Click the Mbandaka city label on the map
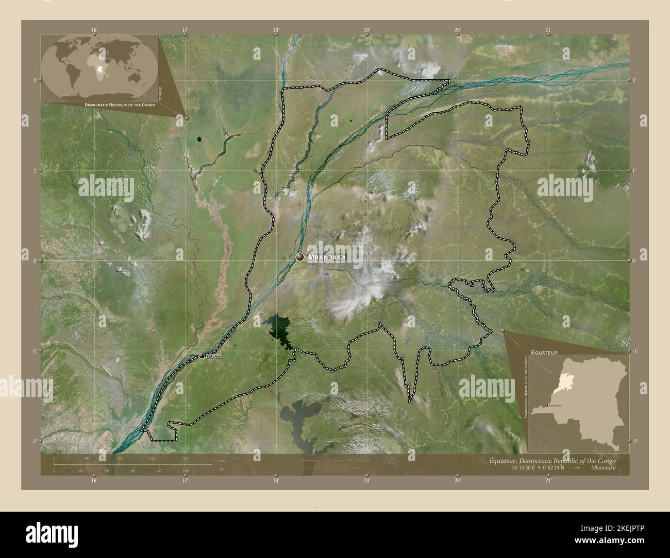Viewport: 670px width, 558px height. click(327, 257)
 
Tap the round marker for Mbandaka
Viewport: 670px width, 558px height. click(300, 257)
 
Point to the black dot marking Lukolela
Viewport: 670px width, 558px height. click(202, 356)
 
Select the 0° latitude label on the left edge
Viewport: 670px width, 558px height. click(35, 261)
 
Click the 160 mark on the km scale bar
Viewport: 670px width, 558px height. click(185, 458)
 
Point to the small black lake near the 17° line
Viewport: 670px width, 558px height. click(199, 139)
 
